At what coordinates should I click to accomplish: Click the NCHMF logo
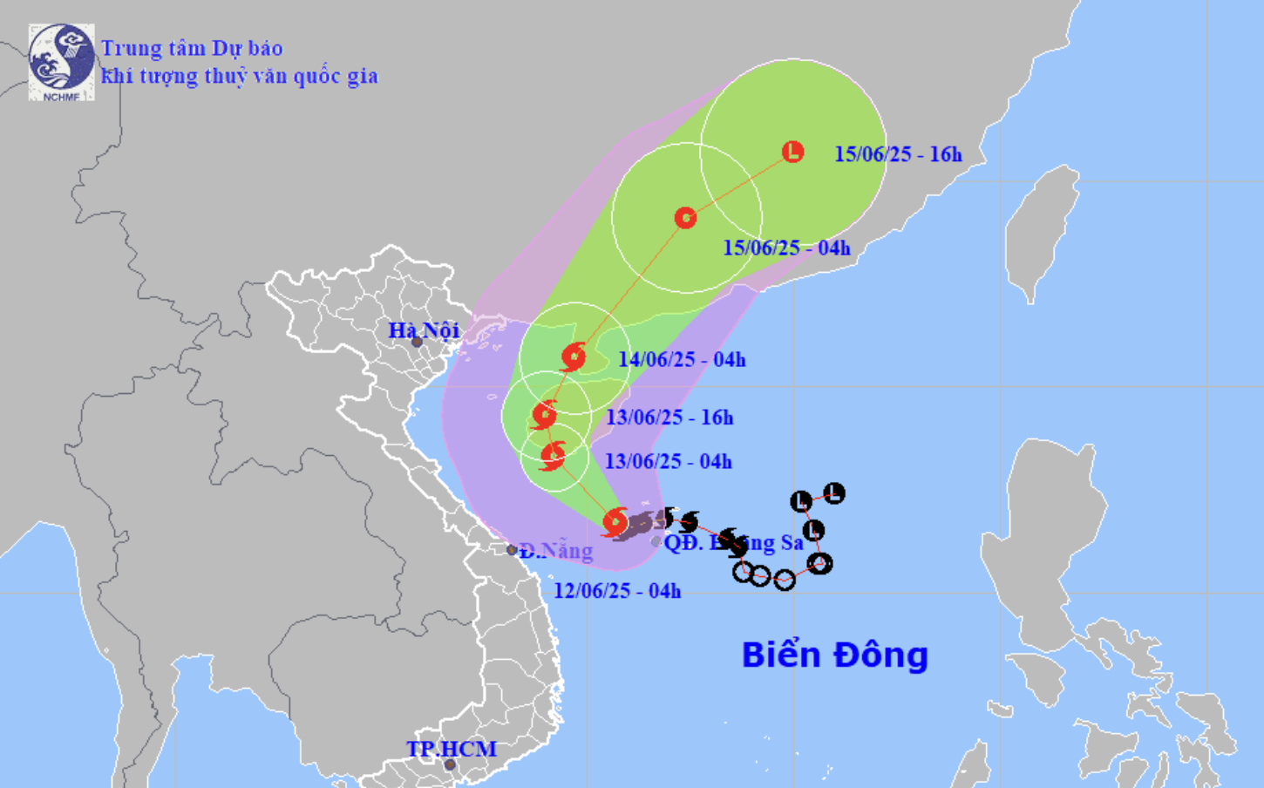click(61, 62)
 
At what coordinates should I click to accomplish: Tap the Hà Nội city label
click(424, 330)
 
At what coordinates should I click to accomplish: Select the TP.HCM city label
click(451, 749)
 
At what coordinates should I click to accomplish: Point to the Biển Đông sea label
click(834, 656)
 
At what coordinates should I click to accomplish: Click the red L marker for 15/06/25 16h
click(792, 152)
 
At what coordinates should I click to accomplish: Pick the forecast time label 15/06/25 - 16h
click(898, 154)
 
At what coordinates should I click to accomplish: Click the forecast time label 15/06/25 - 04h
click(786, 248)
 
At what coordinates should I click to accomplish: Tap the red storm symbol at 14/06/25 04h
click(573, 357)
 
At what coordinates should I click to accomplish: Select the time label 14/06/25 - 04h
click(682, 359)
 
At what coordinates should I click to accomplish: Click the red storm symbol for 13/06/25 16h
click(544, 415)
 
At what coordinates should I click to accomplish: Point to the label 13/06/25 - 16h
click(669, 418)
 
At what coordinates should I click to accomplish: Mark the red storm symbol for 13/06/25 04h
click(553, 455)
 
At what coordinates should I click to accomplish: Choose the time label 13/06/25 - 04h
click(669, 461)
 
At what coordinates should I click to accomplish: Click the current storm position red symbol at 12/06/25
click(615, 521)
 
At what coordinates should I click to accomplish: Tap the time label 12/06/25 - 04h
click(617, 591)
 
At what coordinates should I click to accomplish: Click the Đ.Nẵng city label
click(556, 551)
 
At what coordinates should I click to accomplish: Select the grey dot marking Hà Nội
click(417, 342)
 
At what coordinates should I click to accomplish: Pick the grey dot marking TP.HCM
click(450, 765)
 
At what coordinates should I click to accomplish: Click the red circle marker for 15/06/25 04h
click(685, 217)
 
